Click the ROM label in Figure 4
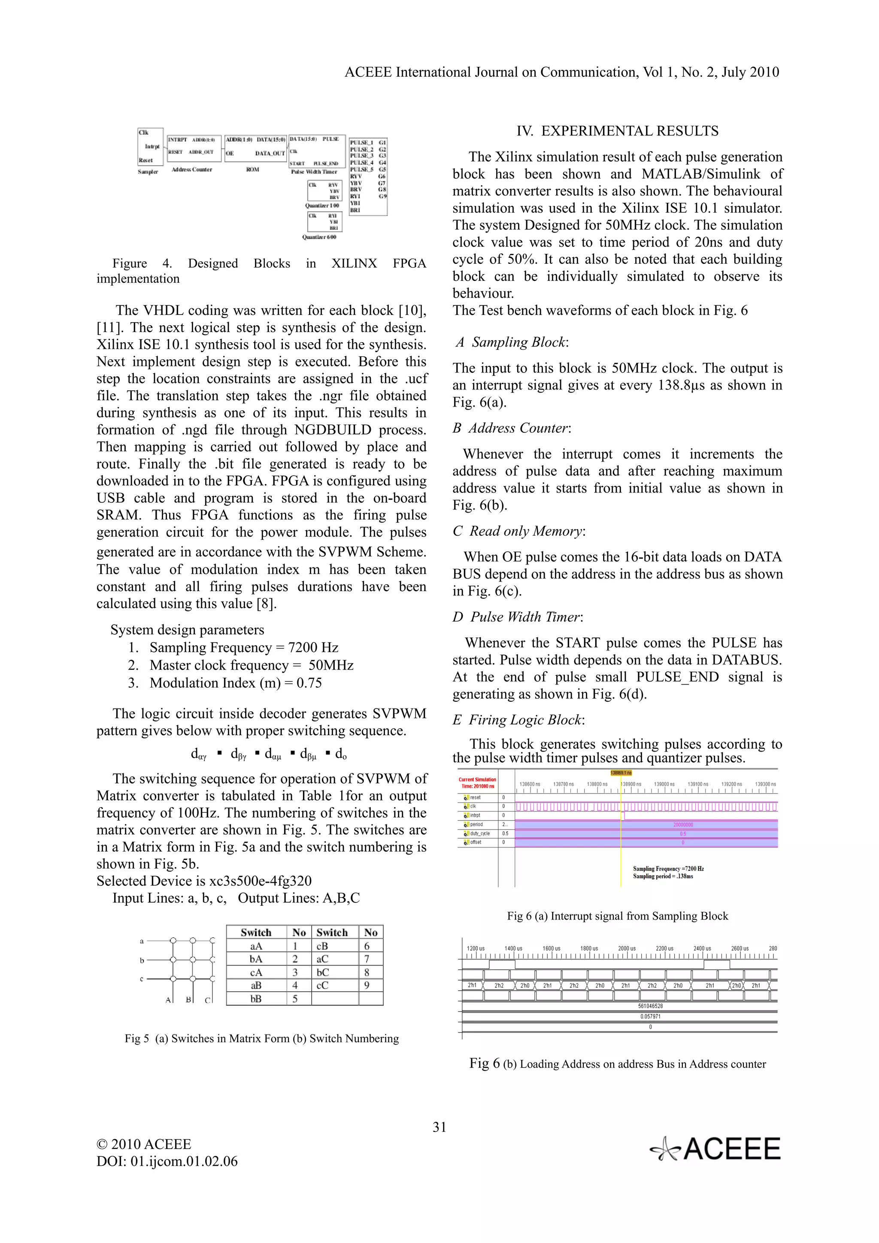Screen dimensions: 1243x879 252,169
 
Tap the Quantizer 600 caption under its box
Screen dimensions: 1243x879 319,237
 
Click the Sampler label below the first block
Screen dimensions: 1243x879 148,172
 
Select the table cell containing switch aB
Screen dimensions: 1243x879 256,985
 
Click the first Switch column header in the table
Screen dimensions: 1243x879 256,932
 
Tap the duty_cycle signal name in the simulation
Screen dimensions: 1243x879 479,833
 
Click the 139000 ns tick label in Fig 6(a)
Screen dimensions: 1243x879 664,784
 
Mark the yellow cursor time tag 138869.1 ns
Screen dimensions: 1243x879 621,772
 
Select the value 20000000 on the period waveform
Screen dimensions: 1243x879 682,824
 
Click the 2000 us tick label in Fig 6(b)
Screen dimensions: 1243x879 627,948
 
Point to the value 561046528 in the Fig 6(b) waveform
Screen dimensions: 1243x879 650,1006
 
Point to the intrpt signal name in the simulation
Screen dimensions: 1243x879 475,815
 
